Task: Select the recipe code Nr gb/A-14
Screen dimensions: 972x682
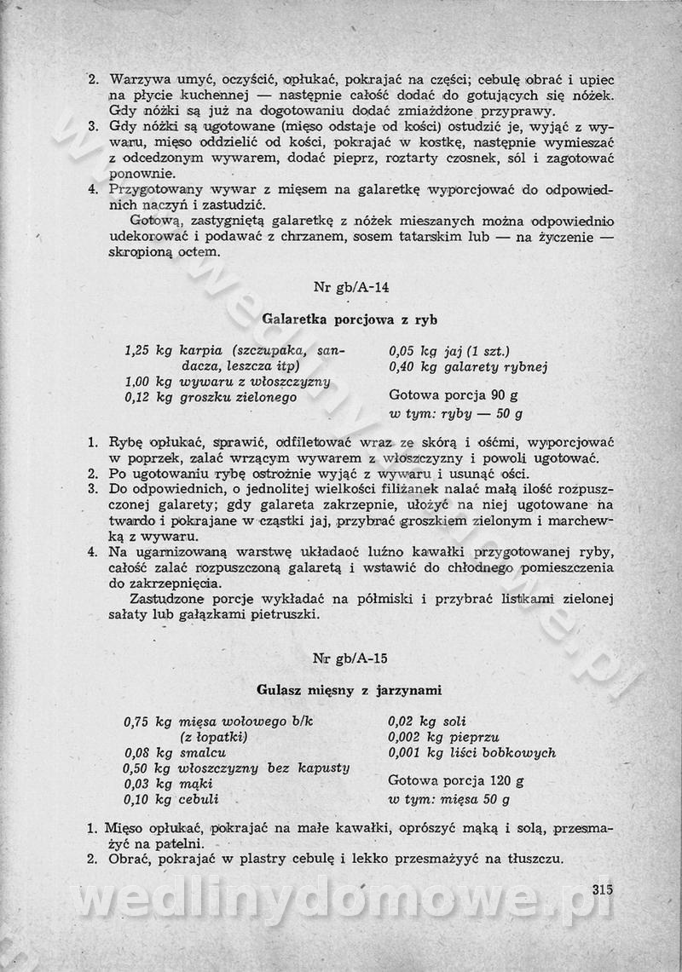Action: [x=350, y=287]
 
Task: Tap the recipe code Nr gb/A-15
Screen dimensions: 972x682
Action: [x=350, y=658]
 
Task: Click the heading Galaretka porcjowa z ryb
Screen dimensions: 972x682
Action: [x=350, y=319]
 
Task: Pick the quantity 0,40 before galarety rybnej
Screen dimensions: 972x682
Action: [x=403, y=367]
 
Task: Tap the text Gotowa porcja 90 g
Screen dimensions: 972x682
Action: [x=453, y=395]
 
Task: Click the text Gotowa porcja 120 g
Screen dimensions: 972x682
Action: [x=455, y=780]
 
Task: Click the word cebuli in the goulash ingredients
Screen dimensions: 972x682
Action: [x=199, y=800]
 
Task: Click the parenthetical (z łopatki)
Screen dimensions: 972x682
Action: [x=213, y=737]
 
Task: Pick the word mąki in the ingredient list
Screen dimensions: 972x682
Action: [x=195, y=785]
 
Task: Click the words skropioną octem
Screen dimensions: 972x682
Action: [x=165, y=252]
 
